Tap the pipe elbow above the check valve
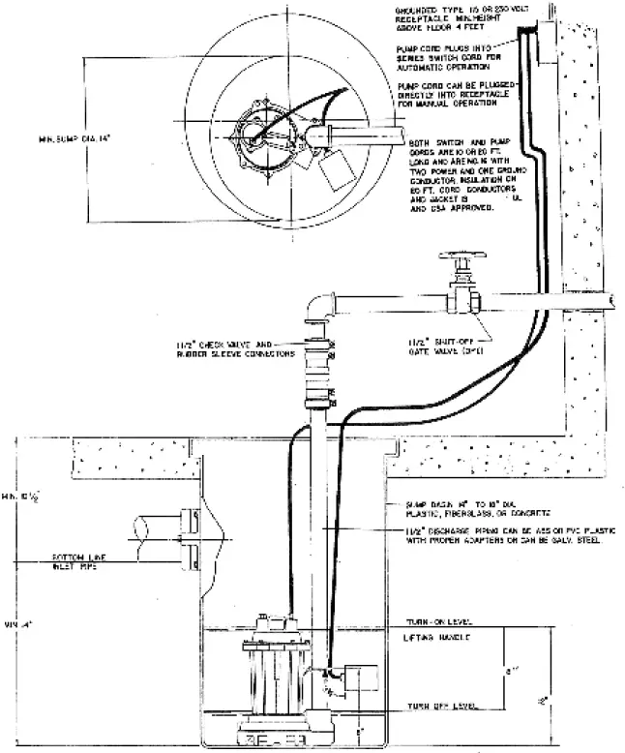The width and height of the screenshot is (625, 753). click(315, 308)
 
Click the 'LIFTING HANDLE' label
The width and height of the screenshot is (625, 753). click(437, 639)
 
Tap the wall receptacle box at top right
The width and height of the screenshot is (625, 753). click(547, 42)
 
